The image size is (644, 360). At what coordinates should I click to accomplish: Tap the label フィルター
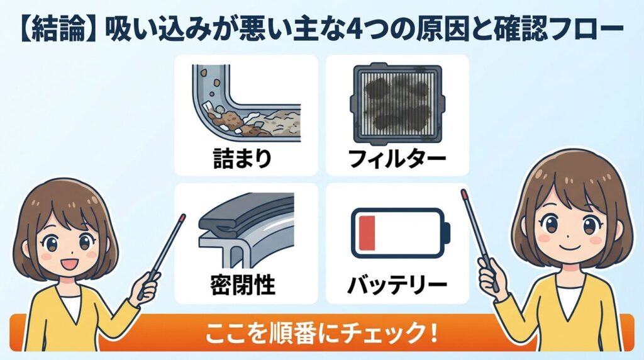(x=397, y=157)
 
